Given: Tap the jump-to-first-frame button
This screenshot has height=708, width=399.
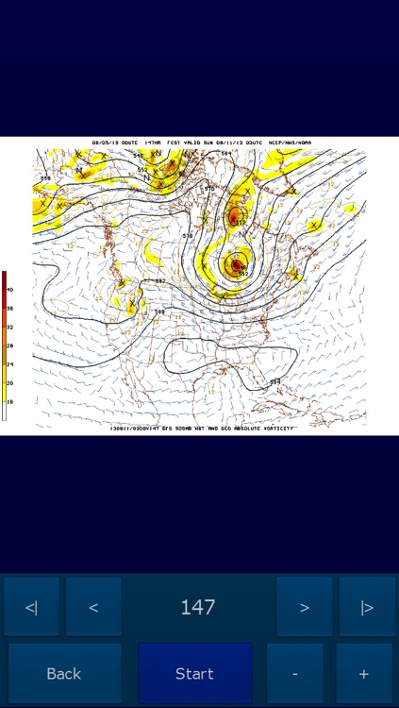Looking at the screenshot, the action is pyautogui.click(x=31, y=607).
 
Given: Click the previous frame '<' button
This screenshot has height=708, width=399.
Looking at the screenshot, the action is pyautogui.click(x=93, y=607).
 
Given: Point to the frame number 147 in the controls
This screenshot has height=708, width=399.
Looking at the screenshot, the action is pyautogui.click(x=198, y=607).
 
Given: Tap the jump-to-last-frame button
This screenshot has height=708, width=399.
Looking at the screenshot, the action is pyautogui.click(x=367, y=607).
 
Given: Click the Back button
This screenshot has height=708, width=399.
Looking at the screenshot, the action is pyautogui.click(x=64, y=673).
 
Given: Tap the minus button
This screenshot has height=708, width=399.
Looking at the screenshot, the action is pyautogui.click(x=294, y=673).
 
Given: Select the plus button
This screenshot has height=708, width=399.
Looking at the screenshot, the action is pyautogui.click(x=364, y=673).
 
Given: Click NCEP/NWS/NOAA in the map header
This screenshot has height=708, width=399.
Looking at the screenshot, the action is pyautogui.click(x=289, y=143).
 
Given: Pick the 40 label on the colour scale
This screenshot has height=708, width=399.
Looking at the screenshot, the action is pyautogui.click(x=9, y=289).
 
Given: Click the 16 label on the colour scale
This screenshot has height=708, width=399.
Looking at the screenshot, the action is pyautogui.click(x=9, y=401).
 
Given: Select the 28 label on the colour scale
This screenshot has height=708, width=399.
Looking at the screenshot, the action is pyautogui.click(x=9, y=346).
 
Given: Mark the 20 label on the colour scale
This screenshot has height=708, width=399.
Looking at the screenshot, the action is pyautogui.click(x=9, y=382).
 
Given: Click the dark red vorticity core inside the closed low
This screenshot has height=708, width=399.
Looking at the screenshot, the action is pyautogui.click(x=235, y=266).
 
